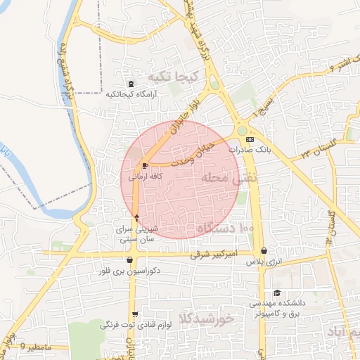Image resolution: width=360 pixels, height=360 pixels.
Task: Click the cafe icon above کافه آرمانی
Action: (145, 165)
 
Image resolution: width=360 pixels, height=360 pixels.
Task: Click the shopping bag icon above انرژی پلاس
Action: (264, 251)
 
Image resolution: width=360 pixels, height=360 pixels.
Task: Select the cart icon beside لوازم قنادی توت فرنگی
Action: (134, 314)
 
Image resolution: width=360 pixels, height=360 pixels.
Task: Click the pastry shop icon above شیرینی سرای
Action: (136, 217)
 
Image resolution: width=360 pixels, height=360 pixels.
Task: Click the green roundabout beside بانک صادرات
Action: (243, 130)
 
